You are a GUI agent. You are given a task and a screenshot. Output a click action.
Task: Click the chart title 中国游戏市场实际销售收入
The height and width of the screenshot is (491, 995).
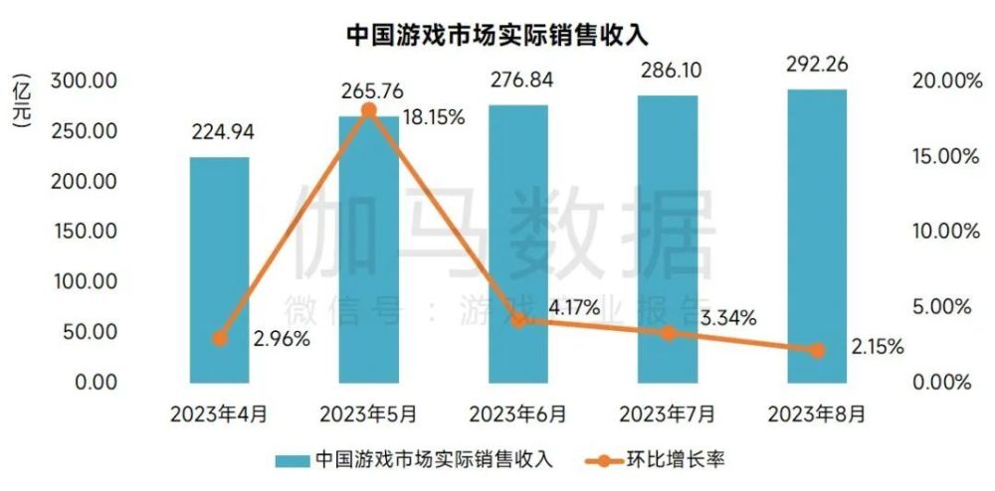(x=497, y=33)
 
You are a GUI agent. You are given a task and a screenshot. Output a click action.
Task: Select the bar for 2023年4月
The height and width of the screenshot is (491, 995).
(x=220, y=269)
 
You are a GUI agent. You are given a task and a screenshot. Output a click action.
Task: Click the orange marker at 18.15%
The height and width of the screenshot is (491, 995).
(x=368, y=110)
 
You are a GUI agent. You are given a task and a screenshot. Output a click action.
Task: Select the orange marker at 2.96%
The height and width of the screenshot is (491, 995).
(x=220, y=339)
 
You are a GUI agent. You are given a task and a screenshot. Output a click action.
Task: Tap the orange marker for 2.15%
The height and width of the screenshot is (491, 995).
(x=817, y=350)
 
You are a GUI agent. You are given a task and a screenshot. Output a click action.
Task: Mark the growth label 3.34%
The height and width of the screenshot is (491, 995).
(x=725, y=318)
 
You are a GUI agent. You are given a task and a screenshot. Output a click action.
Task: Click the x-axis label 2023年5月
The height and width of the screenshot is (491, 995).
(x=368, y=410)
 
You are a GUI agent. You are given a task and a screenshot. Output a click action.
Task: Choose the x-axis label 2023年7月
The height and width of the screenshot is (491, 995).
(x=667, y=410)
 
